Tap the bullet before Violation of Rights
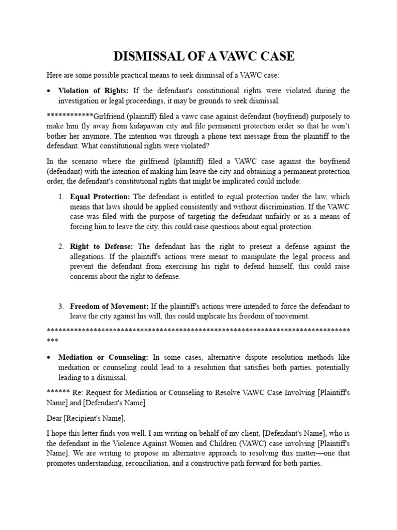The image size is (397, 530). point(48,91)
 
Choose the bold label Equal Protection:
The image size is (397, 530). point(101,197)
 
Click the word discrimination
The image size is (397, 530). point(293,207)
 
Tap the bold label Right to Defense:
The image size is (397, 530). point(102,246)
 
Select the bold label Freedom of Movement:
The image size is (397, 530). point(110,306)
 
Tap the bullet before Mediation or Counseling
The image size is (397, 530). point(48,358)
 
